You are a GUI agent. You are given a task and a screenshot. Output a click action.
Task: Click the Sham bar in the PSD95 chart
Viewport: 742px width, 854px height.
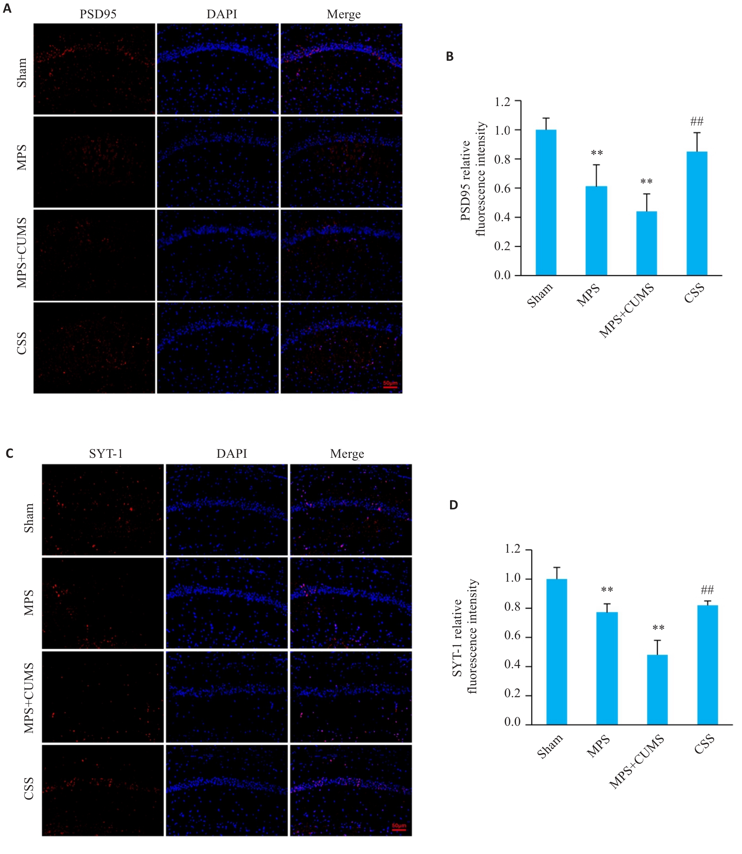coord(546,202)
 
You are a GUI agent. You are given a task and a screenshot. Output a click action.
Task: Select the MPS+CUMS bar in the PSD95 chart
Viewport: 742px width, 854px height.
coord(646,243)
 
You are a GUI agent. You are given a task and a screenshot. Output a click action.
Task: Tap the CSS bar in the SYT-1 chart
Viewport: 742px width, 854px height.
coord(707,665)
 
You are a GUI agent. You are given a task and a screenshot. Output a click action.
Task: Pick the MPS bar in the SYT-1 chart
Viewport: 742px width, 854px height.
coord(607,669)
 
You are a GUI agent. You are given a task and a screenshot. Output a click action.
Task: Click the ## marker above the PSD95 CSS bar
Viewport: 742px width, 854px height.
coord(697,121)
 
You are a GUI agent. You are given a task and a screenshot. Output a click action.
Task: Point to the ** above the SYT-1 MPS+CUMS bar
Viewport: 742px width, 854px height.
coord(658,628)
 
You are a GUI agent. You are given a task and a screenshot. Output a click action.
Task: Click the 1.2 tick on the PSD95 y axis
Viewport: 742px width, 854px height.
coord(502,102)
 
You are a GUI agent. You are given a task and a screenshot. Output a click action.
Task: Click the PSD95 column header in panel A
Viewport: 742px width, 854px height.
coord(98,14)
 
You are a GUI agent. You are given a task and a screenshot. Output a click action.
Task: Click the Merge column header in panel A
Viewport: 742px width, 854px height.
coord(344,14)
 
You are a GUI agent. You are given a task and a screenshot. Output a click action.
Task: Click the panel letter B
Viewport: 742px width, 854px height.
coord(450,57)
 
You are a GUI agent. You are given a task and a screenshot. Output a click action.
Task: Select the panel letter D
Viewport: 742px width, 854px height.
coord(454,505)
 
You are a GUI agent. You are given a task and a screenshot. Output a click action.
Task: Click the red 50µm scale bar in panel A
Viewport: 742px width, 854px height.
coord(390,387)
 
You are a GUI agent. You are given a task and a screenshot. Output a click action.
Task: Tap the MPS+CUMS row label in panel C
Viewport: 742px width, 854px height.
coord(29,698)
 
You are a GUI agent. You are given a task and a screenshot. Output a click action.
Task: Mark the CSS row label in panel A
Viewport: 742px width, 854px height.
coord(21,343)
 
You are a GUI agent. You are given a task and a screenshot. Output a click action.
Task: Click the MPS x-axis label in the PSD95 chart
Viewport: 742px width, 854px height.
coord(588,295)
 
